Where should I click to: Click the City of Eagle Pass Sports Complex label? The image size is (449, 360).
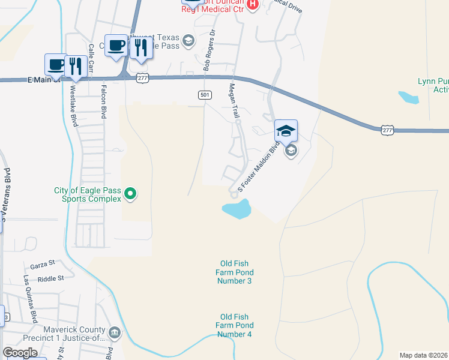tap(87, 194)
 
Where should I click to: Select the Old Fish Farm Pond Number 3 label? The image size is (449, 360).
tap(234, 272)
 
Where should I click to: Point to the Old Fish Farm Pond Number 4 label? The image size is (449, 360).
tap(234, 325)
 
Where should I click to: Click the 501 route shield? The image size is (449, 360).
tap(205, 95)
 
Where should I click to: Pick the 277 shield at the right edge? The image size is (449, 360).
tap(387, 129)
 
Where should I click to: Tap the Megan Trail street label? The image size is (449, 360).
tap(234, 100)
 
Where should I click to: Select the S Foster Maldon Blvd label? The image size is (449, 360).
tap(259, 166)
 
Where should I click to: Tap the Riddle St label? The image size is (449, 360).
tap(50, 278)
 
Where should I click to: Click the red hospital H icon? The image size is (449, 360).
tap(253, 5)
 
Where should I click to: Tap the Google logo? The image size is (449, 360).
tap(20, 353)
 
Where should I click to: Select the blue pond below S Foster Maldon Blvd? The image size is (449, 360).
tap(237, 209)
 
